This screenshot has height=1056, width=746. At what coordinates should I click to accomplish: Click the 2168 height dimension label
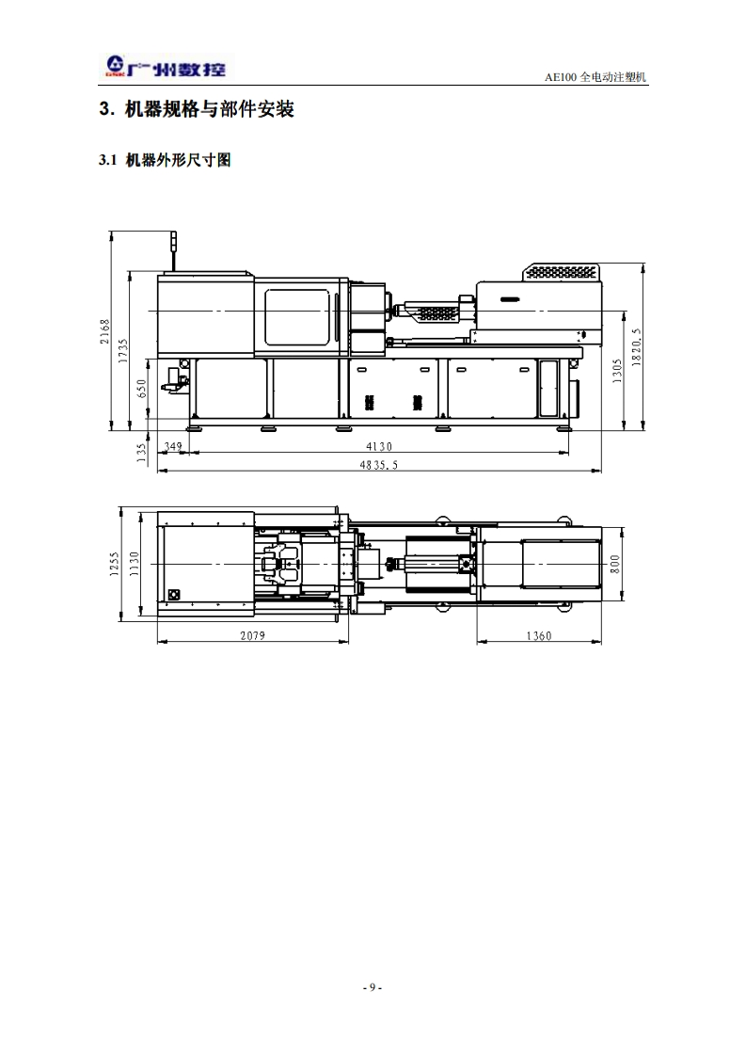(x=104, y=331)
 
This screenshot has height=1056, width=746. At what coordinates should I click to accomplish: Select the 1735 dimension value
(x=122, y=351)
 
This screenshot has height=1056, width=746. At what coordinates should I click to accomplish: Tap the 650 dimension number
(x=141, y=389)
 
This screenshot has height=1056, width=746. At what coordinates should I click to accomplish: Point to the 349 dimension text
(x=173, y=446)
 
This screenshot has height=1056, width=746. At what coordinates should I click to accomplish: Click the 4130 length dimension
(x=379, y=446)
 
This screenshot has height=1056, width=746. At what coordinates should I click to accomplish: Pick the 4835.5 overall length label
(x=378, y=465)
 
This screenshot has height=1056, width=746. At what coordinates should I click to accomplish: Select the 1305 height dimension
(x=617, y=371)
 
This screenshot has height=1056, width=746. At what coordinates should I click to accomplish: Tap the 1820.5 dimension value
(x=637, y=347)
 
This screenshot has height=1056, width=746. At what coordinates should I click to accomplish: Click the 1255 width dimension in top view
(x=114, y=564)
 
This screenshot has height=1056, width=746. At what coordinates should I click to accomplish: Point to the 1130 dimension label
(x=134, y=564)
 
